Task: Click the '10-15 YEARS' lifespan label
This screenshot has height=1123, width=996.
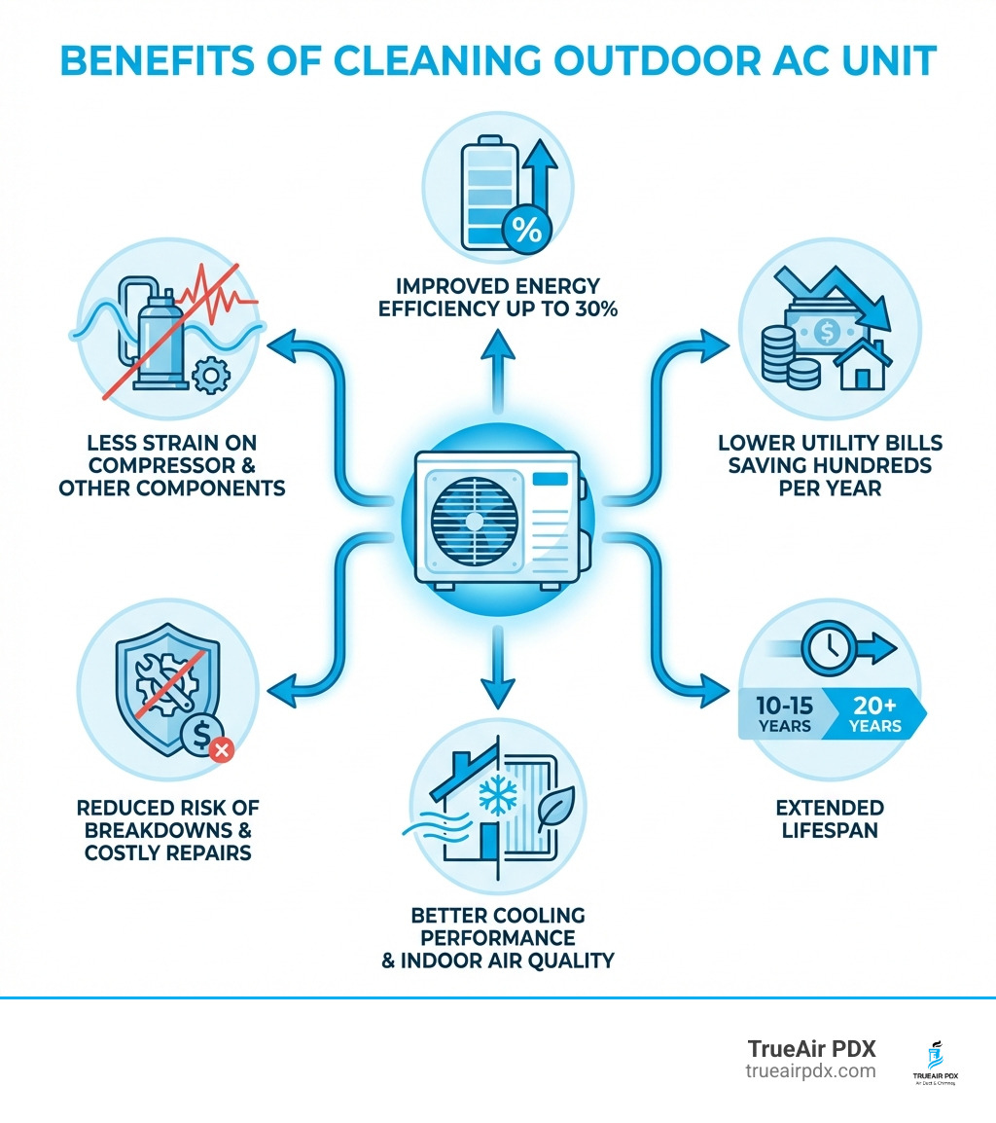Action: [x=784, y=714]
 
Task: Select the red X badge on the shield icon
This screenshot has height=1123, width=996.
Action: [x=223, y=749]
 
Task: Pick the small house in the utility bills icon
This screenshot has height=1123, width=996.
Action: [x=859, y=368]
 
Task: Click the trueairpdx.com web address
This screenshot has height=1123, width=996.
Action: [x=810, y=1070]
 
